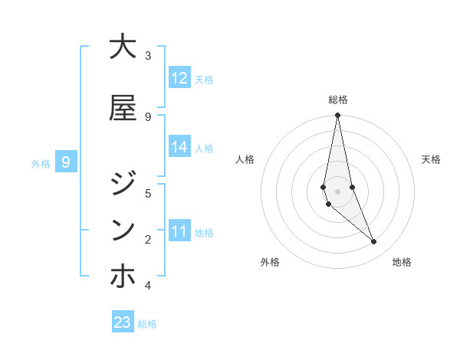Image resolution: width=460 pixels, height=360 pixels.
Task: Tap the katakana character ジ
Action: coord(123,184)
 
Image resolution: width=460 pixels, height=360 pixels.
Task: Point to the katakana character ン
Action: coord(123,230)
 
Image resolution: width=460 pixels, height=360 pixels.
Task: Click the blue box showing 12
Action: coord(179,78)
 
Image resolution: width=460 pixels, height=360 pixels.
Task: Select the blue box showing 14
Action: coord(179,148)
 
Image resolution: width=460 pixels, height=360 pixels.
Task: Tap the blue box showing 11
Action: coord(179,231)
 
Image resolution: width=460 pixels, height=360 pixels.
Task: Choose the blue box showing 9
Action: coord(66,162)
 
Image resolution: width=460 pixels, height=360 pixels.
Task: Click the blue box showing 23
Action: coord(123,322)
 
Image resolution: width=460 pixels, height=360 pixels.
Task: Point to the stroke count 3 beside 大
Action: coord(148,56)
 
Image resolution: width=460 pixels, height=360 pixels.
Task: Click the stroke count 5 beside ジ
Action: coord(148,193)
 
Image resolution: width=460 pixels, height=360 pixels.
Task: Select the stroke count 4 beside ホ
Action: coord(148,286)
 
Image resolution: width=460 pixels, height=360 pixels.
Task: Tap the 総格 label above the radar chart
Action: coord(338,100)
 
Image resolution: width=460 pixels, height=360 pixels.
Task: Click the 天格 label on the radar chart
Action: coord(431,159)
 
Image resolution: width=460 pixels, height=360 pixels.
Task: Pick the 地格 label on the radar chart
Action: coord(402,262)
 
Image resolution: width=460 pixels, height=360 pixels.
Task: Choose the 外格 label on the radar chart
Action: coord(270,262)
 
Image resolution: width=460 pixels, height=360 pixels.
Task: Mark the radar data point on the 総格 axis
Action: coord(337,116)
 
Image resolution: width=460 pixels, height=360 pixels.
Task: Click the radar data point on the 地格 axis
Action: coord(373,241)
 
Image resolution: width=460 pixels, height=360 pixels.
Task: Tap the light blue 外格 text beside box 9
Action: coord(40,163)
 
